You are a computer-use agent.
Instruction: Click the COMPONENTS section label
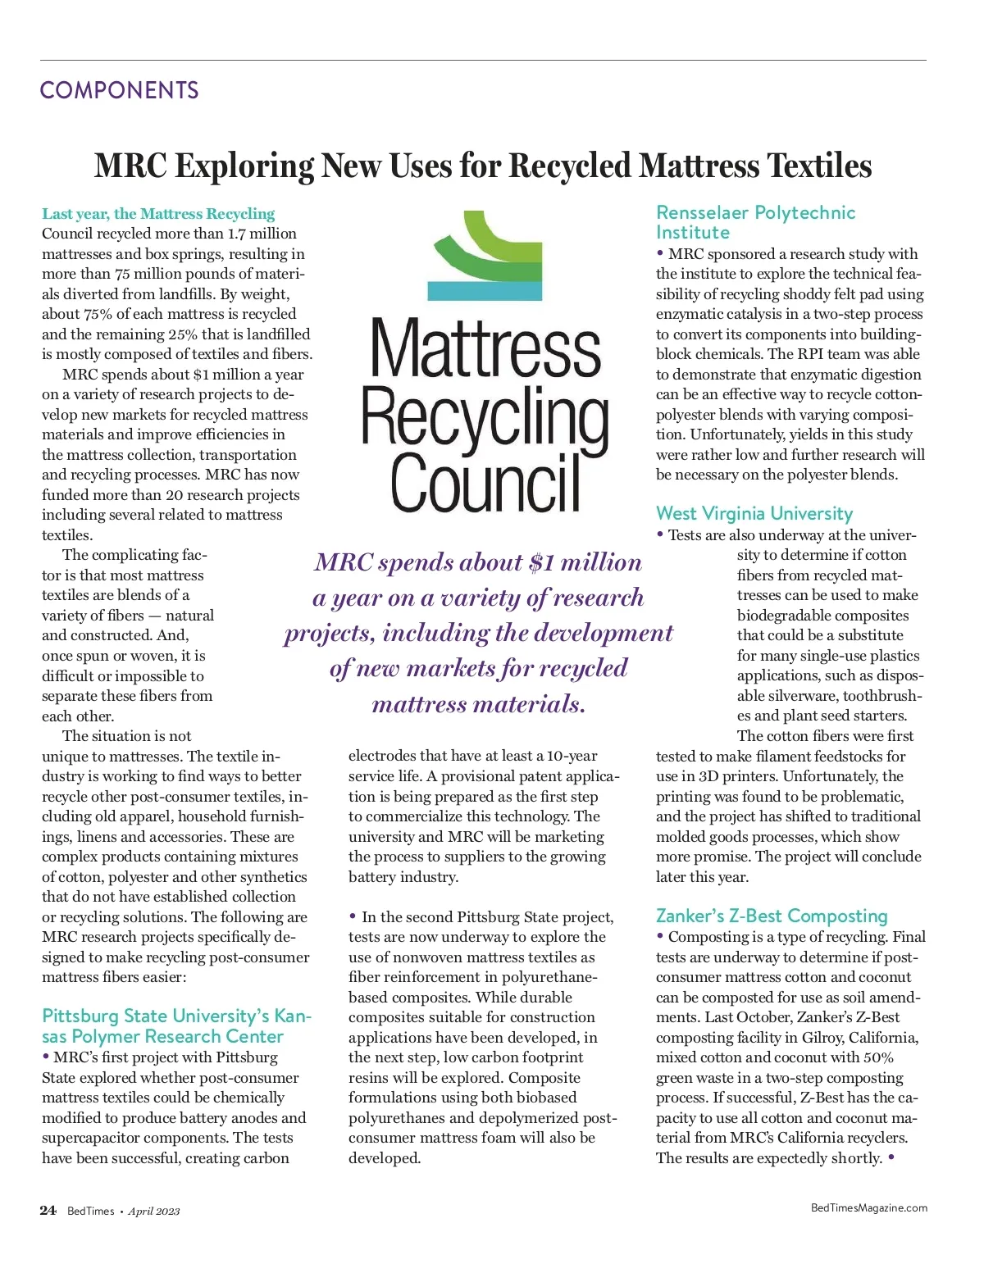click(x=119, y=90)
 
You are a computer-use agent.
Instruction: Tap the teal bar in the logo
click(x=485, y=290)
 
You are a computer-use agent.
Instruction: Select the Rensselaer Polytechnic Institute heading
click(x=754, y=222)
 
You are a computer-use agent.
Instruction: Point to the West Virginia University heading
click(x=754, y=514)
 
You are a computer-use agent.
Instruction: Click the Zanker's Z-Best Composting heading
click(x=772, y=916)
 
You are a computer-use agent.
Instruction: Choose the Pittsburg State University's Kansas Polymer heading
click(x=176, y=1026)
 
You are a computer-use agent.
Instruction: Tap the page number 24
click(x=48, y=1211)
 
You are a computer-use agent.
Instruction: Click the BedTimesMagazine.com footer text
click(x=868, y=1207)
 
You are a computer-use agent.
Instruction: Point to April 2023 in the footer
click(x=153, y=1212)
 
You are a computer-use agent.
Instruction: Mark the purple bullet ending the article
click(x=891, y=1157)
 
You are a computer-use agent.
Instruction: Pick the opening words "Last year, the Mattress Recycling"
click(x=158, y=214)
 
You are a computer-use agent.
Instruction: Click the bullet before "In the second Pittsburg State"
click(x=353, y=916)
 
